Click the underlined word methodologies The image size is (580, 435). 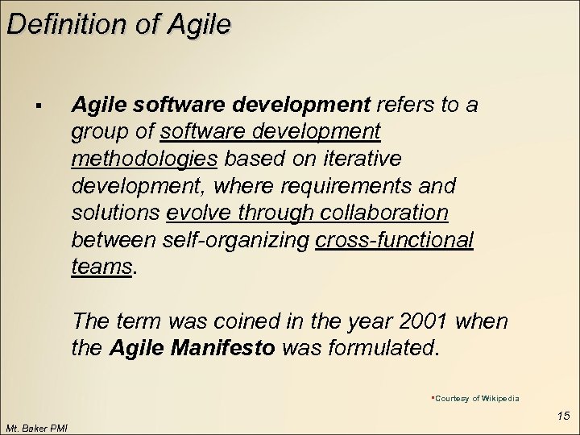coord(144,159)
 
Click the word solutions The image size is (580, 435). coord(115,213)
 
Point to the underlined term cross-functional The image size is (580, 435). coord(395,240)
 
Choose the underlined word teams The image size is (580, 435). coord(101,267)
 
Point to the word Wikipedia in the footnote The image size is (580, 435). coord(501,398)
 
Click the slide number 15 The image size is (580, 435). coord(563,416)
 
